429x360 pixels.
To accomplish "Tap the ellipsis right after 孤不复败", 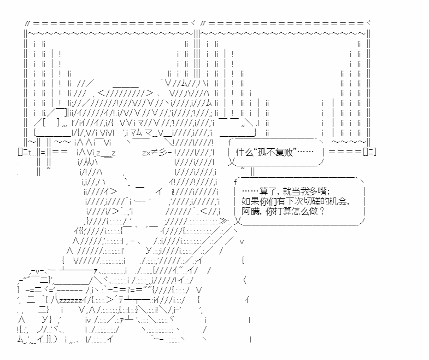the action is [305, 152].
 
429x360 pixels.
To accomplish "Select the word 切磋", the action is [313, 201].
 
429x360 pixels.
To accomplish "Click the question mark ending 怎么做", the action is [321, 211].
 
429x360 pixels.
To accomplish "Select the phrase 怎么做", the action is [305, 211].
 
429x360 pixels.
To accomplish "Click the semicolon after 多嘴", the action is [328, 193].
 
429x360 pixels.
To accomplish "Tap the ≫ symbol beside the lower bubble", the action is [224, 220].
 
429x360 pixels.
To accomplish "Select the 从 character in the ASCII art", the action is [89, 162].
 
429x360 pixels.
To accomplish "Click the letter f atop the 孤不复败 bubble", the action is [230, 142].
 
